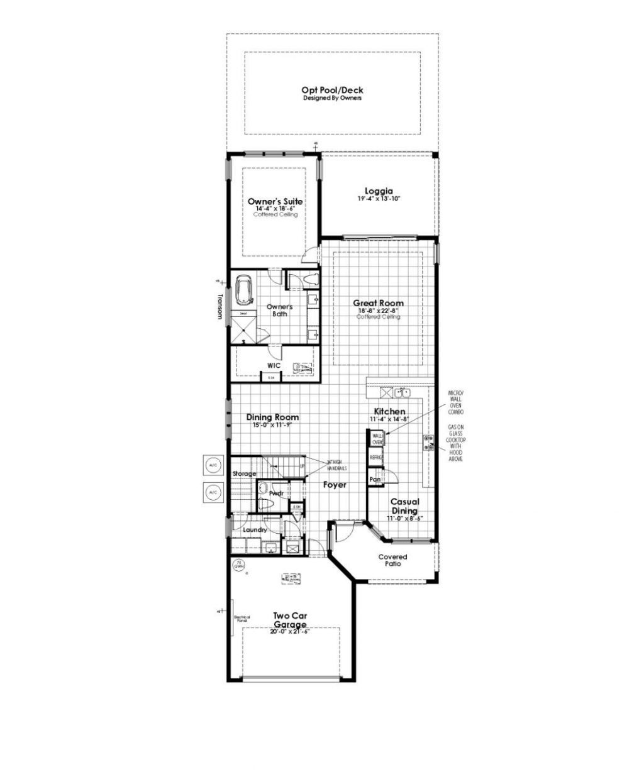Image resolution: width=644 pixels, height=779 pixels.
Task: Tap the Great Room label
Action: point(378,303)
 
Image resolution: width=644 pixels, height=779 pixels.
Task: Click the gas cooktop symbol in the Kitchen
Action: point(430,443)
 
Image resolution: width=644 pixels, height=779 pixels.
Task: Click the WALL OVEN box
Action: point(377,438)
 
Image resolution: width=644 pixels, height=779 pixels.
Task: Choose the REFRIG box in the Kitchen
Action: point(376,458)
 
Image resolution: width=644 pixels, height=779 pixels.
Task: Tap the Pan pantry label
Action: point(375,479)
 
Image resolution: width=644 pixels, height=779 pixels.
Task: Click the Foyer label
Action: point(335,485)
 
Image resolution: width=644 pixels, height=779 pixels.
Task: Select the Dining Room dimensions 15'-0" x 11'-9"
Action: point(272,425)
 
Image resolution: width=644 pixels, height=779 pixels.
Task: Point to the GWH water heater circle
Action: point(238,565)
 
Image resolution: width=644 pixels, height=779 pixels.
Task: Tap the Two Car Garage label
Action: point(290,620)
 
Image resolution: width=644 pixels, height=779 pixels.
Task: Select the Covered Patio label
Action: point(392,560)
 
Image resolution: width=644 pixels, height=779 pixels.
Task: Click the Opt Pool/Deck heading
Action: point(332,91)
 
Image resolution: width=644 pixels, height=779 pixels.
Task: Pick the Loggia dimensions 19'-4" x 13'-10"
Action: point(379,199)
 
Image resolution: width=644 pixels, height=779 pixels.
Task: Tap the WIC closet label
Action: point(274,365)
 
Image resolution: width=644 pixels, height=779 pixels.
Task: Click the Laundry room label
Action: point(255,530)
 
